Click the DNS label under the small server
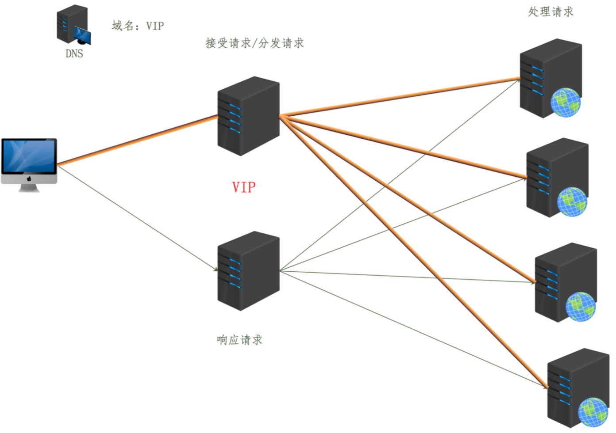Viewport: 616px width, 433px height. click(74, 53)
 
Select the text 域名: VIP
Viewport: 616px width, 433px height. click(138, 26)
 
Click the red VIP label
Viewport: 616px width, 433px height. click(244, 187)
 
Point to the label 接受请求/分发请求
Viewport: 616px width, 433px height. click(254, 43)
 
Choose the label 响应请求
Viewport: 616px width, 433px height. click(239, 340)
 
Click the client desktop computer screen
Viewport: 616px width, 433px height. click(29, 156)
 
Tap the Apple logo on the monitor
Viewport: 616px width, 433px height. click(29, 179)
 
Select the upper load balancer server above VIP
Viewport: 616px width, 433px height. click(248, 116)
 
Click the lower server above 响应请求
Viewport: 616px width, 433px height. click(248, 271)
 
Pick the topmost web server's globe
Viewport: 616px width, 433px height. click(566, 102)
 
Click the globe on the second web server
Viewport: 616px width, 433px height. click(572, 201)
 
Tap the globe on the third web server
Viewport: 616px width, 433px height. click(581, 307)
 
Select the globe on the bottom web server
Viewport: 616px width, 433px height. click(593, 412)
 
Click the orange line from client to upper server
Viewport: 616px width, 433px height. click(138, 141)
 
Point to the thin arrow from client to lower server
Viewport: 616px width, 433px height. click(138, 219)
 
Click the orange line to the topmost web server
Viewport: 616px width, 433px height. click(400, 97)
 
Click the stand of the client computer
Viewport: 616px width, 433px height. click(29, 188)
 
